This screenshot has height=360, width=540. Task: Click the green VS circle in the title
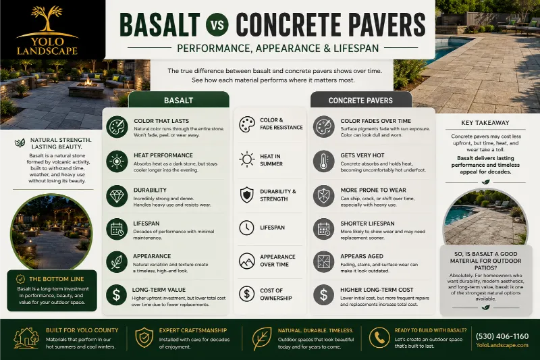(x=217, y=24)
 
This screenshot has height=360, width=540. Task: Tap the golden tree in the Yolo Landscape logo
(x=47, y=19)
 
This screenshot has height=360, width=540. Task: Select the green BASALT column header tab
(x=179, y=100)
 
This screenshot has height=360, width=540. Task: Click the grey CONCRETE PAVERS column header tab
(x=360, y=100)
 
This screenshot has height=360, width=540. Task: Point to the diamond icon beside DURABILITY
(x=117, y=196)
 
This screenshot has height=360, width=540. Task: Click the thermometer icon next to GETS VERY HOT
(x=323, y=161)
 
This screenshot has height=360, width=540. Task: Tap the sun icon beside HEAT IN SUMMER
(x=247, y=159)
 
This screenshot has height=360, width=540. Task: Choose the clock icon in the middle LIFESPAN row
(x=246, y=228)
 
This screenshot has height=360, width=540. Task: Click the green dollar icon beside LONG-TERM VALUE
(x=117, y=295)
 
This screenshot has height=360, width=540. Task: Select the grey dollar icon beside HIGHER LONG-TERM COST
(x=323, y=295)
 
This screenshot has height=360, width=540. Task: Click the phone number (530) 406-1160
(x=502, y=336)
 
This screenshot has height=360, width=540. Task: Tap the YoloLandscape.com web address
(x=502, y=345)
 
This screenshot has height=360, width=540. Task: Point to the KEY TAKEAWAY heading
(x=485, y=123)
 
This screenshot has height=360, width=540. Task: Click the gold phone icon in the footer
(x=379, y=338)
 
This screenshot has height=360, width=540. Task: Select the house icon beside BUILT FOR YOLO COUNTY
(x=26, y=338)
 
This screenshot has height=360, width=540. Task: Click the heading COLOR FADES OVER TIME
(x=376, y=121)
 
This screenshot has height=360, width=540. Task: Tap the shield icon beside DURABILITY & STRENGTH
(x=247, y=195)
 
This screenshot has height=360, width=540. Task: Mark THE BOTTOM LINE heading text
(x=57, y=279)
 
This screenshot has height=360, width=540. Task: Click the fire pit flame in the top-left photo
(x=88, y=82)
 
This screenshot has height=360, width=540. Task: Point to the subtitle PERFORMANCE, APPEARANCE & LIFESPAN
(x=278, y=48)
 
